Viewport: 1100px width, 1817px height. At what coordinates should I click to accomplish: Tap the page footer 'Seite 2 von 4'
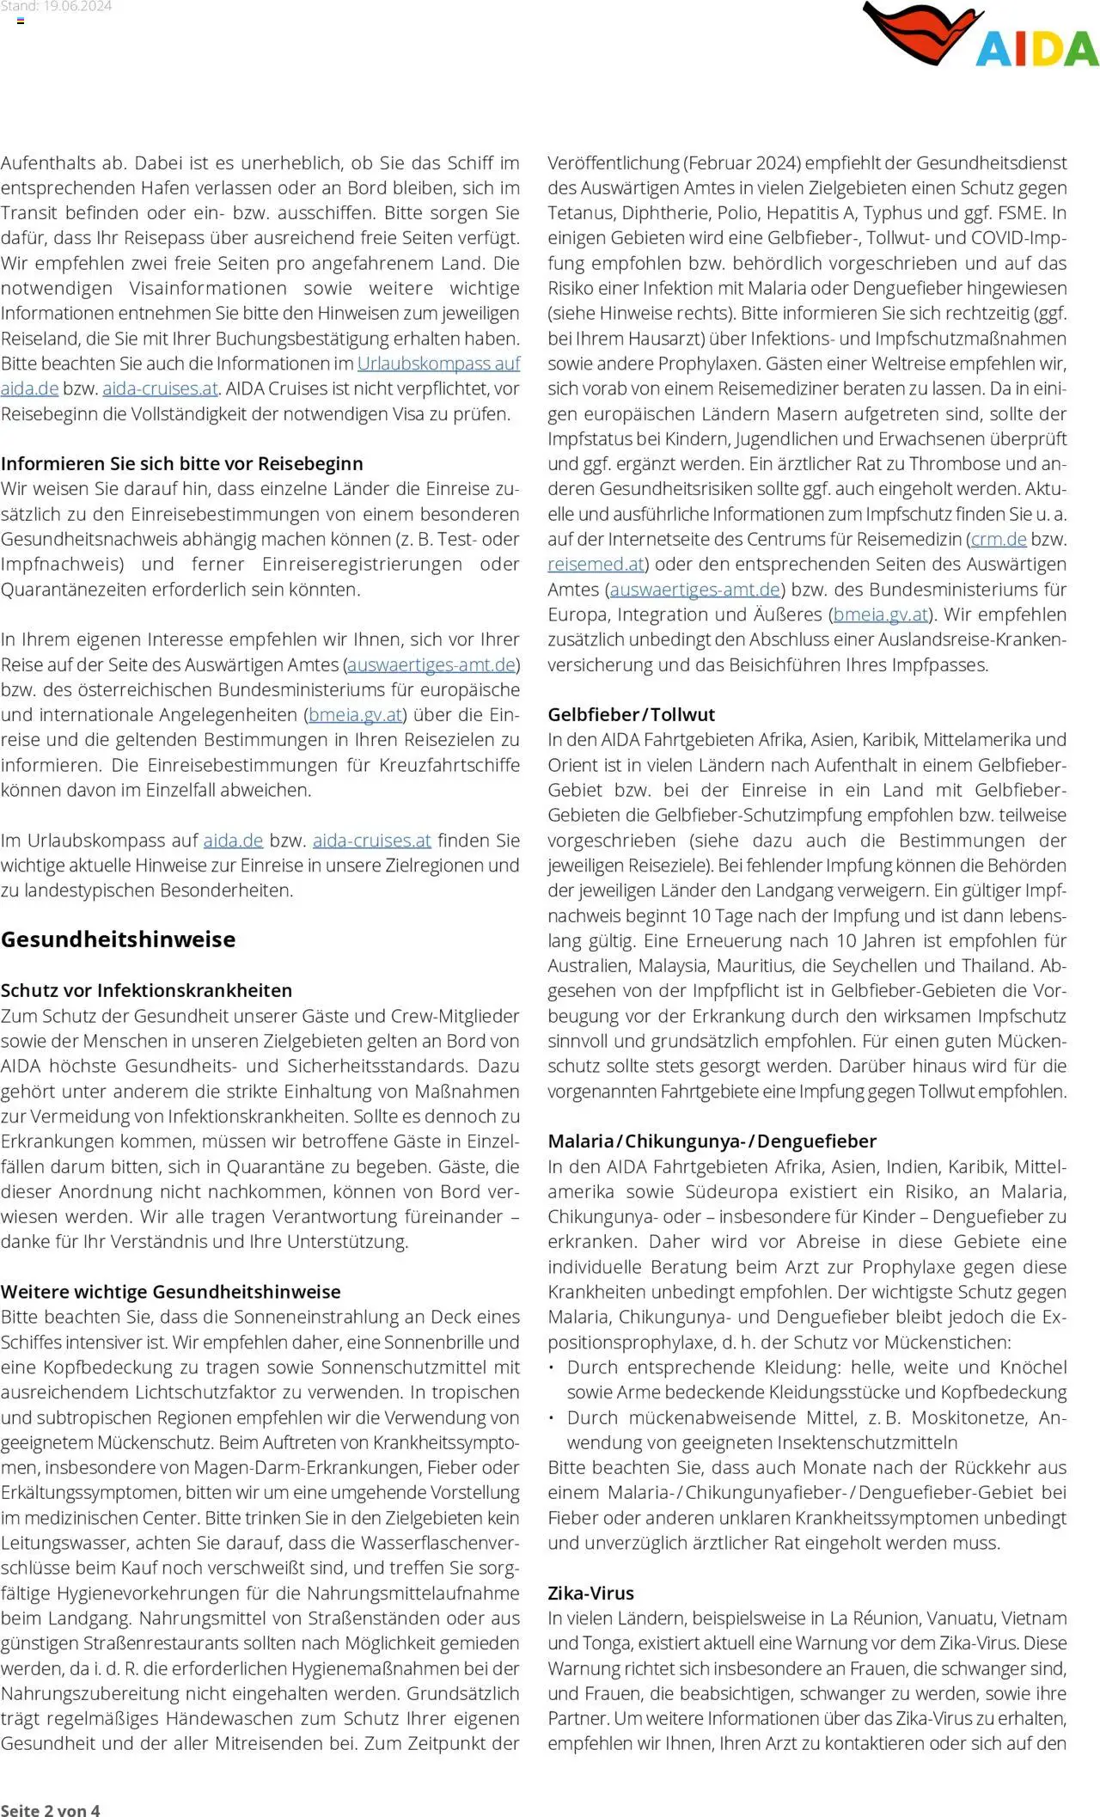coord(50,1809)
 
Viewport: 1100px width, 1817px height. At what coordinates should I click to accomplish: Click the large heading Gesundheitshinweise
coord(118,939)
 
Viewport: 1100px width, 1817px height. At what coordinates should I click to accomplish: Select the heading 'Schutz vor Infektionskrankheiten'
coord(146,990)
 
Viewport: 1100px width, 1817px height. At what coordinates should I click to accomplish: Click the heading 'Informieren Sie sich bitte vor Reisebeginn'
coord(181,463)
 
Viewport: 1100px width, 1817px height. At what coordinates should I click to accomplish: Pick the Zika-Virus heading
coord(590,1593)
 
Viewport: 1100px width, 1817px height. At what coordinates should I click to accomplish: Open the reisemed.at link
coord(596,565)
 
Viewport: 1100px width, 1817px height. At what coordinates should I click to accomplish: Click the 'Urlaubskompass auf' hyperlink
coord(438,364)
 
